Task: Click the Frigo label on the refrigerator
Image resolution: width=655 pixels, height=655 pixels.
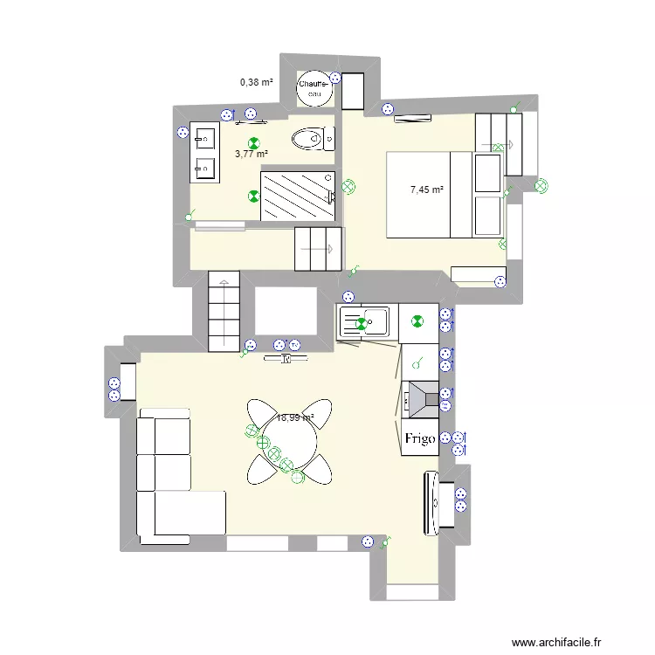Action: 419,440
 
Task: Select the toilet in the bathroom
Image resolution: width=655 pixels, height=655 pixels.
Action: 308,138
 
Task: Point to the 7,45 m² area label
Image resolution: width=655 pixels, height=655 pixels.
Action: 427,189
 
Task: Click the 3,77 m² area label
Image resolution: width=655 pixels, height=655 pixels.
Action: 251,155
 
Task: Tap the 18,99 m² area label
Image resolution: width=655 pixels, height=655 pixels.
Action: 294,418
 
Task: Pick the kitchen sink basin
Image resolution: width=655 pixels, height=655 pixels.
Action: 377,322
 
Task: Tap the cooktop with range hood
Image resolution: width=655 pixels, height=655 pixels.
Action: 420,397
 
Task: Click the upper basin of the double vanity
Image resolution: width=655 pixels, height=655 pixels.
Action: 206,139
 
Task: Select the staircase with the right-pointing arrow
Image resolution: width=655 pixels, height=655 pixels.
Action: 320,249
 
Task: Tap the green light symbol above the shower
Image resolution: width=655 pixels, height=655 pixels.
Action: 253,145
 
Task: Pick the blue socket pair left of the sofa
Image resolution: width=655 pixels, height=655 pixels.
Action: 114,389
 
